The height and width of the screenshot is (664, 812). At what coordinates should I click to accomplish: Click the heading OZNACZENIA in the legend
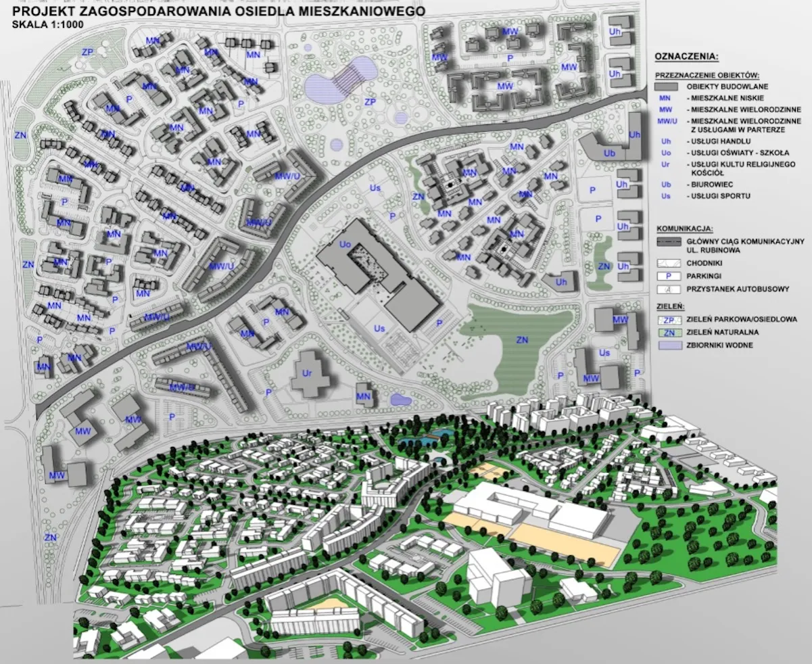(686, 56)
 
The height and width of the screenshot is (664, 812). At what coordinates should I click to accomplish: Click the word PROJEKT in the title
(42, 11)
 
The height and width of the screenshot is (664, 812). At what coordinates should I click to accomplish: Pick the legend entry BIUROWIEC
(709, 184)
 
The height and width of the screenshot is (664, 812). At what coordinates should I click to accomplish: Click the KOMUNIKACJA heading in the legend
(686, 229)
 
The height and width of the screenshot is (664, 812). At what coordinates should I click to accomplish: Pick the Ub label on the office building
(609, 153)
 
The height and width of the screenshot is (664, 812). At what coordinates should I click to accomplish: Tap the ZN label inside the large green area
(521, 339)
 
